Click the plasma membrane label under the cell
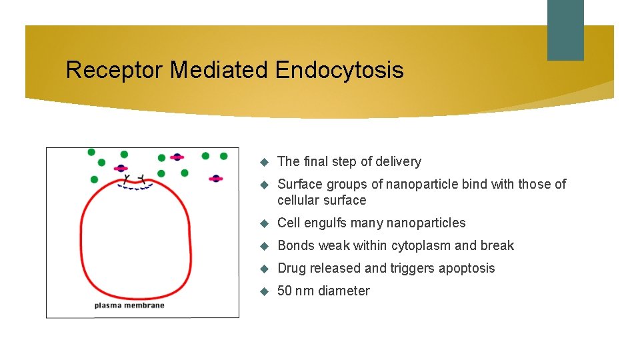tap(129, 305)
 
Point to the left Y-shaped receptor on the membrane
tap(126, 179)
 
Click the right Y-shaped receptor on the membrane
tap(141, 179)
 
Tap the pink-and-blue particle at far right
tap(216, 179)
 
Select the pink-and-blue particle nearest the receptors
tap(121, 168)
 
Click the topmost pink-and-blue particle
tap(177, 157)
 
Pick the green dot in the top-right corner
tap(223, 156)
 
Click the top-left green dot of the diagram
tap(91, 152)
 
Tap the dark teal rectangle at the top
tap(565, 30)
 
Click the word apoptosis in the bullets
tap(465, 268)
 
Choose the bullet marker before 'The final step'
tap(263, 162)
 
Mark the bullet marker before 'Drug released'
tap(263, 269)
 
